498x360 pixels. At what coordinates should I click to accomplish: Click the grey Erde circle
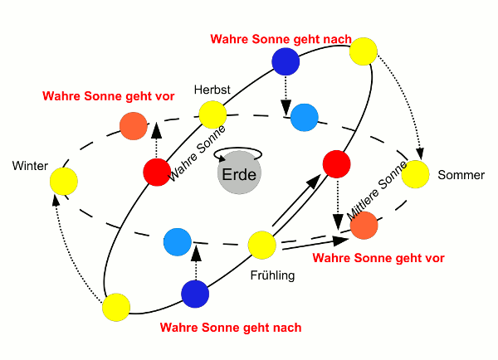tap(239, 174)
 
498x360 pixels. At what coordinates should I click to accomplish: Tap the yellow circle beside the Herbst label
tap(212, 114)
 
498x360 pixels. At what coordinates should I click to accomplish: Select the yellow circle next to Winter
tap(64, 181)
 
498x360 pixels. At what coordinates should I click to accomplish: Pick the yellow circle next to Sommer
tap(416, 174)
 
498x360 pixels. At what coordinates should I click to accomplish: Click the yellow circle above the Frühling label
tap(261, 245)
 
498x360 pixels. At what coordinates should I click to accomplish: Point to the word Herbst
tap(211, 89)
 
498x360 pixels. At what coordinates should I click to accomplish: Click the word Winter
tap(30, 166)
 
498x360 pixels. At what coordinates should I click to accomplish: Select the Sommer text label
tap(461, 175)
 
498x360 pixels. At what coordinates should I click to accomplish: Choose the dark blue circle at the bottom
tap(195, 294)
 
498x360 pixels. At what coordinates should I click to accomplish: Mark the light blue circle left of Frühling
tap(178, 242)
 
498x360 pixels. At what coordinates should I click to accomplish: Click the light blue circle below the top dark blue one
tap(304, 118)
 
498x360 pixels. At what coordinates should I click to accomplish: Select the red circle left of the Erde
tap(156, 172)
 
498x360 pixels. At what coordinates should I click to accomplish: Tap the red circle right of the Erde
tap(335, 164)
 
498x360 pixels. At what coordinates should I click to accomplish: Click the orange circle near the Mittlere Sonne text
tap(364, 226)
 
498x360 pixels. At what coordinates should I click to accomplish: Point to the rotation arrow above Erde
tap(239, 153)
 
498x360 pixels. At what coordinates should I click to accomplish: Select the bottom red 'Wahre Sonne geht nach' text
tap(230, 328)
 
